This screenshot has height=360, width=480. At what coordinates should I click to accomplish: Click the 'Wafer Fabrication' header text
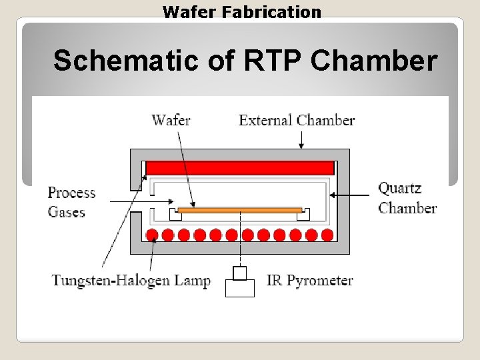click(241, 11)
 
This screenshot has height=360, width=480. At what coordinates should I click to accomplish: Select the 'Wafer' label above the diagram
click(171, 120)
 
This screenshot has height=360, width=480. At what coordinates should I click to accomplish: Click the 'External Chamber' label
click(297, 120)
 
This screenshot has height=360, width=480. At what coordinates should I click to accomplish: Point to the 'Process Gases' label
click(71, 202)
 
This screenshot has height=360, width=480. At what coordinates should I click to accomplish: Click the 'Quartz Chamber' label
click(407, 198)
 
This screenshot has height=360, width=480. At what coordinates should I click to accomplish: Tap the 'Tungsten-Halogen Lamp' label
click(131, 280)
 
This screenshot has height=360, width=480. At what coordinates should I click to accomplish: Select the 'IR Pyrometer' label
click(310, 280)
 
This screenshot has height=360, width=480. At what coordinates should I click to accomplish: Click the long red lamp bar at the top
click(239, 167)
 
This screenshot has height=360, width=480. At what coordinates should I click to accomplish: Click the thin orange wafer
click(240, 209)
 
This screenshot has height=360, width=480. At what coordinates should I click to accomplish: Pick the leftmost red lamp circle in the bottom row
click(152, 235)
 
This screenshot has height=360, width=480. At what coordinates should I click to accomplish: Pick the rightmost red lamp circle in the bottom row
click(327, 235)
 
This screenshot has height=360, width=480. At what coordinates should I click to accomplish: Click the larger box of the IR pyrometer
click(240, 288)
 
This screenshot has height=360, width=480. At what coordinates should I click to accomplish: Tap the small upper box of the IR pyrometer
click(240, 273)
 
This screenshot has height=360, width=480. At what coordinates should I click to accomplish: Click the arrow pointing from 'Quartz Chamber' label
click(350, 195)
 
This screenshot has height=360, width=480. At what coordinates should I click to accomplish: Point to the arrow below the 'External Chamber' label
click(301, 139)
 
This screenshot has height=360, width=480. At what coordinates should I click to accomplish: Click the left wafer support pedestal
click(176, 214)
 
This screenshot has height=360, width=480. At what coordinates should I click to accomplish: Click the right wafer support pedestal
click(303, 214)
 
